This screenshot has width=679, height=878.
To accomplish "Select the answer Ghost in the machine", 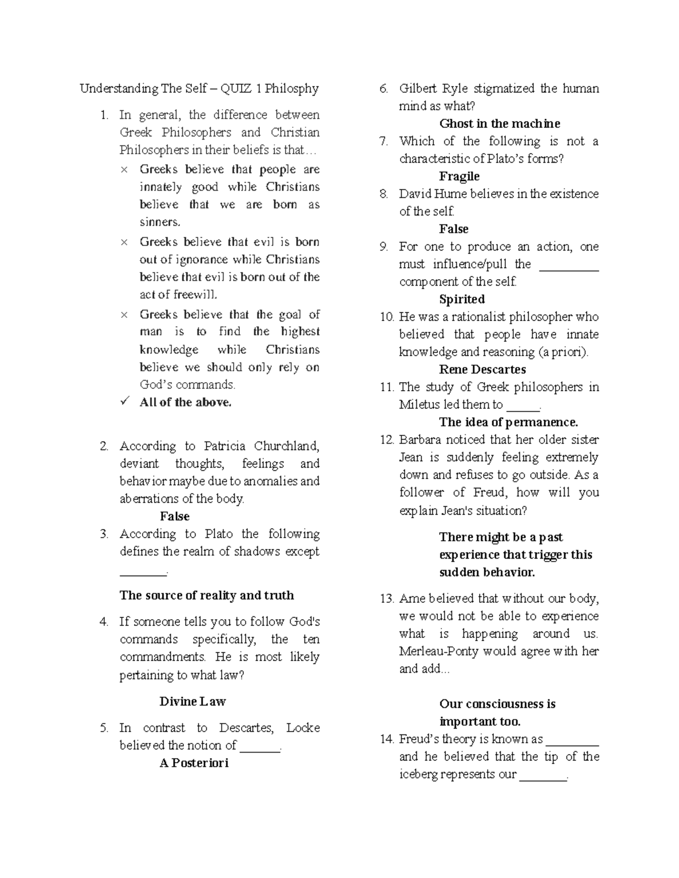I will coord(500,124).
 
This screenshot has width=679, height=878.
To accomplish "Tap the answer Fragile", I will coord(459,176).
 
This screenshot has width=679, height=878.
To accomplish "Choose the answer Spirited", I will coord(462,299).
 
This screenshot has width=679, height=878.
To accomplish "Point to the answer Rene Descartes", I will coord(482,370).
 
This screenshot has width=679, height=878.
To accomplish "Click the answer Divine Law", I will coord(192,702).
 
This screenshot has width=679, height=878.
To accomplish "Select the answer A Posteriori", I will coord(194,763).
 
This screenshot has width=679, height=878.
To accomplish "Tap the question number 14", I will coord(386,739).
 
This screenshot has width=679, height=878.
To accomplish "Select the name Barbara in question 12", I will coord(422,440).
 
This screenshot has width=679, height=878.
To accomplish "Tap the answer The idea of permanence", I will coord(508,422).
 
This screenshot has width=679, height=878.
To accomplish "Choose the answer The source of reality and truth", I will coord(207,595).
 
